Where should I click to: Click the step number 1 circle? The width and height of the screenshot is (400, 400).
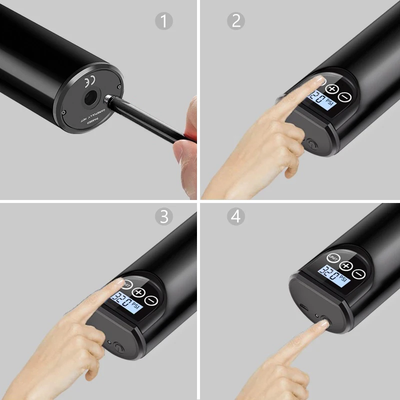pyautogui.click(x=163, y=21)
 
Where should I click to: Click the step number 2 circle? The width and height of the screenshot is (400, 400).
pyautogui.click(x=235, y=21)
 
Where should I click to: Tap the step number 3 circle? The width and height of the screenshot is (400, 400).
pyautogui.click(x=163, y=216)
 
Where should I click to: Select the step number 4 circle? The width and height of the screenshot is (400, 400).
pyautogui.click(x=235, y=216)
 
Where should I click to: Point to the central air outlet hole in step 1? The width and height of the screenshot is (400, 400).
pyautogui.click(x=91, y=98)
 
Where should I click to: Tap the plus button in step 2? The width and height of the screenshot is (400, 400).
pyautogui.click(x=332, y=89)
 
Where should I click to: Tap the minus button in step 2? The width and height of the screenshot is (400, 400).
pyautogui.click(x=344, y=97)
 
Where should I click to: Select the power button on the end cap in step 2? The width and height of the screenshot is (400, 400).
pyautogui.click(x=310, y=145)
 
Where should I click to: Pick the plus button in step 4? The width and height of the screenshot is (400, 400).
pyautogui.click(x=346, y=266)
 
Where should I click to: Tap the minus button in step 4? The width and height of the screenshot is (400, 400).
pyautogui.click(x=358, y=274)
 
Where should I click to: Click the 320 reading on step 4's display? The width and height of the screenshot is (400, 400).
pyautogui.click(x=327, y=272)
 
